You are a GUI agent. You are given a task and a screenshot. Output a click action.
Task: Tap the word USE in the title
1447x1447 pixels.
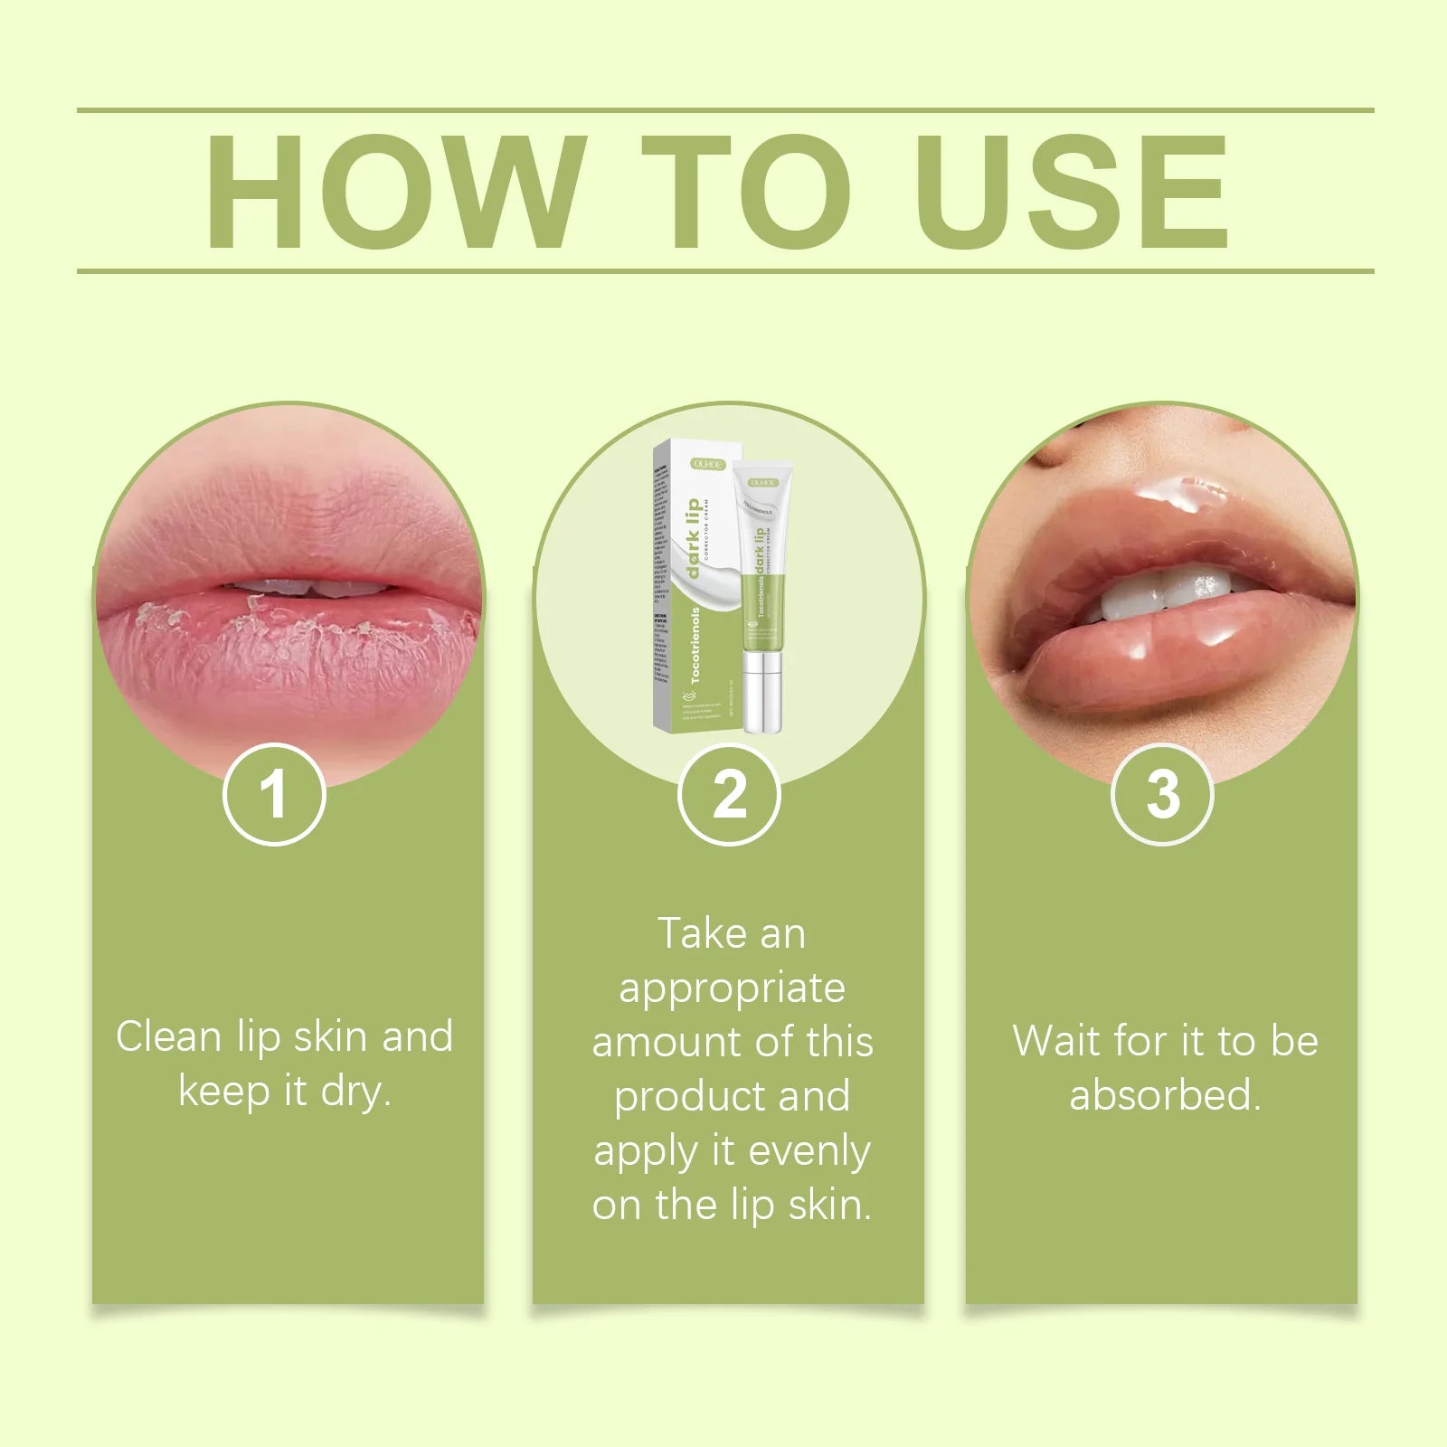[1073, 192]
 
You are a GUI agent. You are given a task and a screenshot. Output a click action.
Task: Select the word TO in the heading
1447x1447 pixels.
[747, 192]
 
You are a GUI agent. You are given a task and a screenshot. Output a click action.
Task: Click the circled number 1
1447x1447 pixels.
[274, 795]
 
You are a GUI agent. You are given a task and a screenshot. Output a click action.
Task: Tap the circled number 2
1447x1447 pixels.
[729, 795]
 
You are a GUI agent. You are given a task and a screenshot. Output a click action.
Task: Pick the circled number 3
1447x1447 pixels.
[1162, 795]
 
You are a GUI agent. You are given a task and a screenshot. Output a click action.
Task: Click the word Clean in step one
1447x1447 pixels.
[168, 1036]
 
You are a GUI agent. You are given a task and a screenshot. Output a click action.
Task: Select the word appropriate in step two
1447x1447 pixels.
[732, 988]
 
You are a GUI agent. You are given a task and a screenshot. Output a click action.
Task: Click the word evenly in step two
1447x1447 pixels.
[809, 1150]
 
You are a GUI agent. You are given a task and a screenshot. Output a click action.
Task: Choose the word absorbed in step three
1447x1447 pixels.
[1163, 1095]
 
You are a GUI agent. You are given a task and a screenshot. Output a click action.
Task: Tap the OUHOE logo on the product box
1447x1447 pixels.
[708, 463]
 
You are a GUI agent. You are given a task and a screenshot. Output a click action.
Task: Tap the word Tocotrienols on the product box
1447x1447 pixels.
[695, 644]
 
